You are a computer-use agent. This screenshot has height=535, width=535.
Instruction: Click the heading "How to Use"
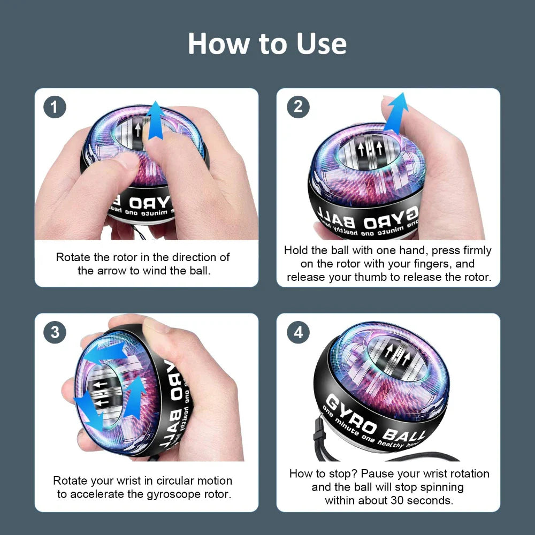267,43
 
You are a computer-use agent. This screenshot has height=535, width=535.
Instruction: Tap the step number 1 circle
55,108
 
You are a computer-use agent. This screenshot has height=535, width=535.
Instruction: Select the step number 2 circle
298,108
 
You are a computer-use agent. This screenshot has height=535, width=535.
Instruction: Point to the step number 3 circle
55,332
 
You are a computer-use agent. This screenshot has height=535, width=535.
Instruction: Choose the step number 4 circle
298,332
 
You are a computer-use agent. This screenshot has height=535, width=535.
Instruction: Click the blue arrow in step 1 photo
156,120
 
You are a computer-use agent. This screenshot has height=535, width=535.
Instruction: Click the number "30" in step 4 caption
404,500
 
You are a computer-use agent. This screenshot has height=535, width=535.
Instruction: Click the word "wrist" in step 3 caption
127,480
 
